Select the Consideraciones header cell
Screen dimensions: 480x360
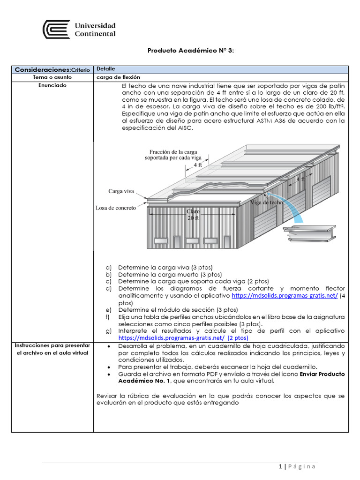[x=52, y=69]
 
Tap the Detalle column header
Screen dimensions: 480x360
[x=105, y=69]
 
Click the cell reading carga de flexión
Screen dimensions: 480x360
[x=118, y=77]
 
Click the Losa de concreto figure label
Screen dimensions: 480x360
[x=116, y=208]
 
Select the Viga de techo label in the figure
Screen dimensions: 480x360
[x=266, y=202]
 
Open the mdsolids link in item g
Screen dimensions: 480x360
[x=183, y=337]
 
